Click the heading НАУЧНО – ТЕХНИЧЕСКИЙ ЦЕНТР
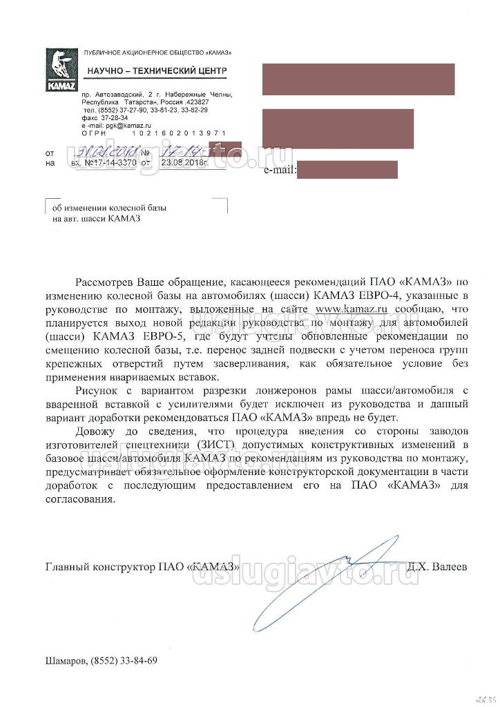(x=157, y=71)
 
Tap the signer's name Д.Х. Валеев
(x=436, y=566)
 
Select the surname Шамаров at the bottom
(x=66, y=660)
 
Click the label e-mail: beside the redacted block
(x=280, y=169)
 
